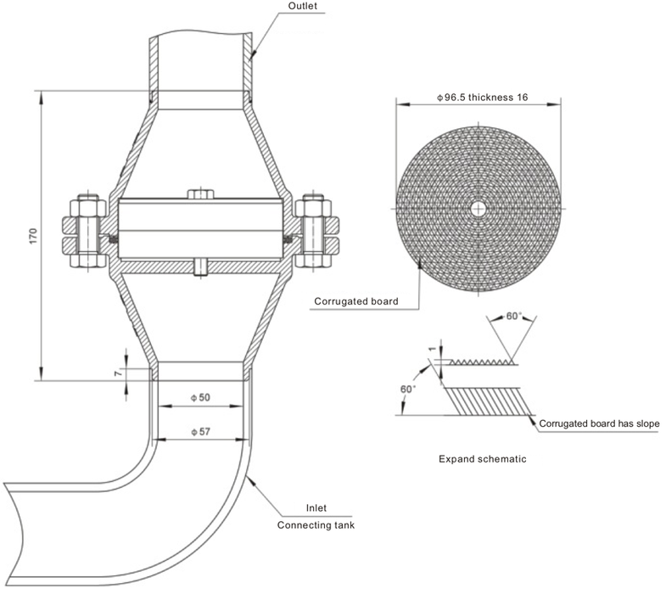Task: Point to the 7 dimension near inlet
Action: pos(119,372)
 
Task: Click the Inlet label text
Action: pos(316,508)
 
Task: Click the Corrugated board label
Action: pos(355,300)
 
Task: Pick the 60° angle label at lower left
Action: pos(409,389)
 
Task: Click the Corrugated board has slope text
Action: pos(599,423)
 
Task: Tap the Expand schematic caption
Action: pos(482,459)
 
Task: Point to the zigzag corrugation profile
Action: pos(479,362)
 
